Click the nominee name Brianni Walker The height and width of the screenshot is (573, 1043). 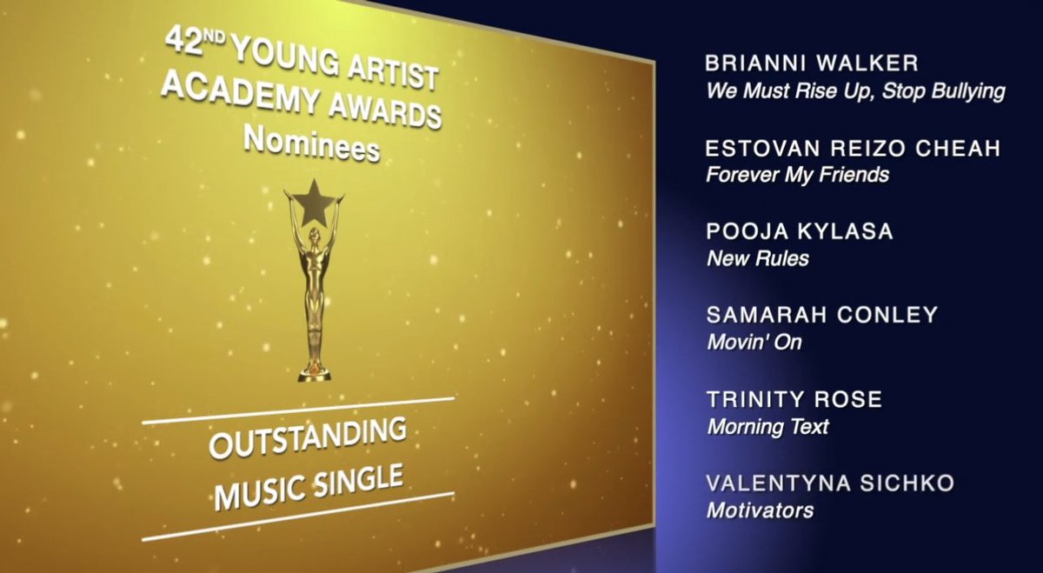pos(812,64)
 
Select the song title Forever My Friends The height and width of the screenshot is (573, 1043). pos(797,175)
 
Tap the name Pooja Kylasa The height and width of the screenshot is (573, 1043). pos(800,232)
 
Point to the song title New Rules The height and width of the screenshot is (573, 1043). pos(757,258)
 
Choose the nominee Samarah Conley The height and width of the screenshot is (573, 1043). pos(822,315)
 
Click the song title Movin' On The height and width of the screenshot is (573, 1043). pos(754,342)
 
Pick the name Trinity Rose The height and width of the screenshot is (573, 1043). pos(794,399)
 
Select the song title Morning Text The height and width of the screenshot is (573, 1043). pos(767,426)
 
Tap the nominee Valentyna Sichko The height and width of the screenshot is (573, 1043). pos(830,483)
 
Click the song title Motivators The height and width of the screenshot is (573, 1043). pos(760,510)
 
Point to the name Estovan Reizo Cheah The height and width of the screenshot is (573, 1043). pos(853,149)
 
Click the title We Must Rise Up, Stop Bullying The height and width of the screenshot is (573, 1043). pos(855,91)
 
